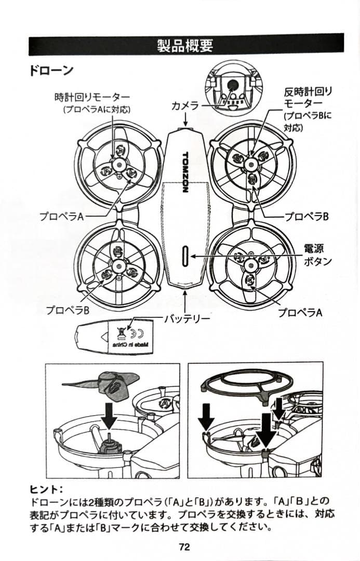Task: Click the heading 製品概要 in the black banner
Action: [185, 45]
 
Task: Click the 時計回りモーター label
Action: [92, 97]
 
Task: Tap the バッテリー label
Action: [188, 318]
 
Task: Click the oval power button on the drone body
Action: [186, 257]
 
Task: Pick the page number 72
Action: [184, 546]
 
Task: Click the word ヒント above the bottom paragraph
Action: [46, 489]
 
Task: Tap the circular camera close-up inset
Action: [232, 88]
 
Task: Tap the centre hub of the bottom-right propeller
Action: [250, 265]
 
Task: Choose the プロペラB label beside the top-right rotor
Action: [306, 217]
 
